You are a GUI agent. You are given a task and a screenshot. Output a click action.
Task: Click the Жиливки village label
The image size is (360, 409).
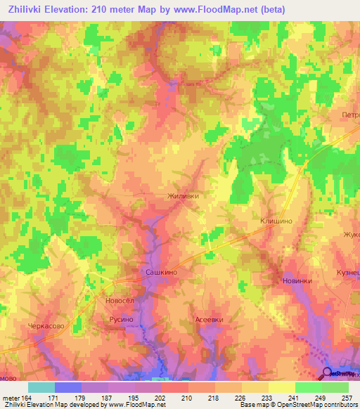tap(188, 197)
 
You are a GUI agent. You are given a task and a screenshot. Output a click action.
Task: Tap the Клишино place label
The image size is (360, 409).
tap(276, 220)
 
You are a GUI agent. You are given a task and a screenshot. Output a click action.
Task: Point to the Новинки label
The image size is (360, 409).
tap(296, 282)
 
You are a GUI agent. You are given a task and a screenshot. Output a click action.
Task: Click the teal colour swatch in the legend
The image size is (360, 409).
tap(41, 387)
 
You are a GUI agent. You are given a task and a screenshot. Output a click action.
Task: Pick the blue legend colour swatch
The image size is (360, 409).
tap(67, 387)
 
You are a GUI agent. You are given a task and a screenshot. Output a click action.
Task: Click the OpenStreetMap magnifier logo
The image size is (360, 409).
tap(326, 372)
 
